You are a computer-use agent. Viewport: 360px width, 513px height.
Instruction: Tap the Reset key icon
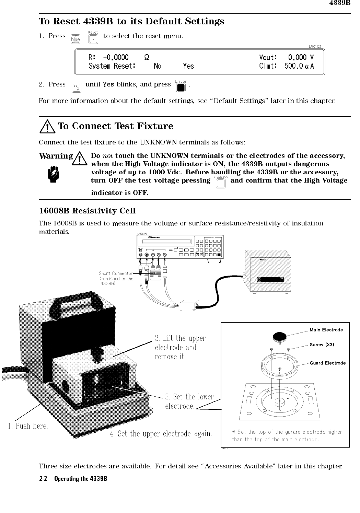(93, 39)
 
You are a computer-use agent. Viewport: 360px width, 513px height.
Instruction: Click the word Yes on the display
(188, 66)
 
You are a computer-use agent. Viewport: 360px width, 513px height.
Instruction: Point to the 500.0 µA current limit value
(299, 66)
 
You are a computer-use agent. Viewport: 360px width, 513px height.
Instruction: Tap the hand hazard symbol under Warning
(54, 173)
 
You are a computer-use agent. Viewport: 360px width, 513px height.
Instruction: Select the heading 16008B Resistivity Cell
(87, 211)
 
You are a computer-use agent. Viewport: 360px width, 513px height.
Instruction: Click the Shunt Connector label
(115, 273)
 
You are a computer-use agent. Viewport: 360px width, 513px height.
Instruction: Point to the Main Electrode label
(326, 330)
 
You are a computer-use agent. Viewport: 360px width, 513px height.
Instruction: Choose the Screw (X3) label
(322, 345)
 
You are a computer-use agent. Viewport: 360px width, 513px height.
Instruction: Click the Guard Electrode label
(327, 363)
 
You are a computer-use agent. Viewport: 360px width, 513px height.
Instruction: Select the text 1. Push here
(27, 426)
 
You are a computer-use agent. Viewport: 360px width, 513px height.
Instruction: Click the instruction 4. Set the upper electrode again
(161, 434)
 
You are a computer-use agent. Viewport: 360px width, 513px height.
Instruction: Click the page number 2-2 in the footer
(43, 479)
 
